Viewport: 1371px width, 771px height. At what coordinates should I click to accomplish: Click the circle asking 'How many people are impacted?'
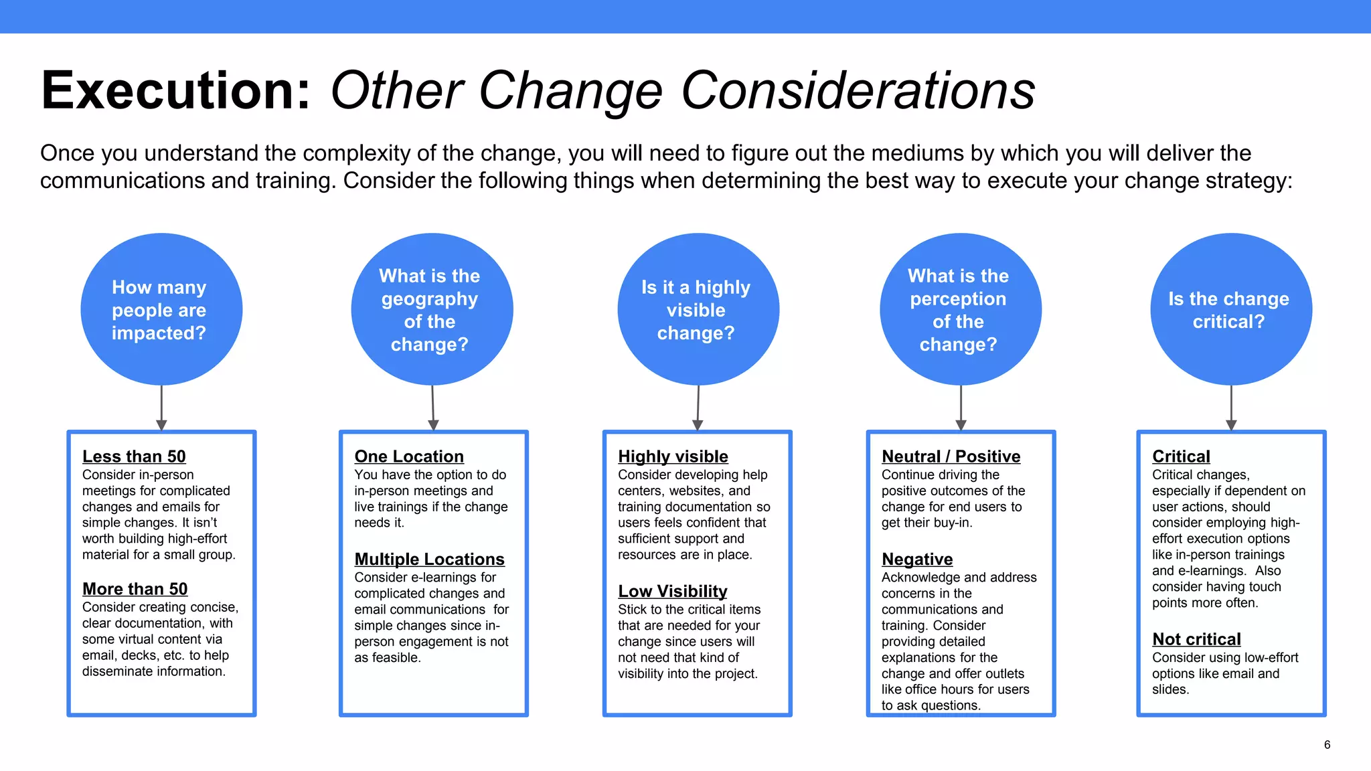161,309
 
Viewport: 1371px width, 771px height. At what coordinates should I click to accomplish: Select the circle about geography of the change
432,309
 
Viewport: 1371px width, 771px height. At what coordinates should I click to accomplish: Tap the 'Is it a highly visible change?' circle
698,309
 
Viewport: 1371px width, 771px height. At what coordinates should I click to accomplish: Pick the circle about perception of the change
961,309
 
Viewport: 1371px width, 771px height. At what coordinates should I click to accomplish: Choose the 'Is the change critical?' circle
1230,309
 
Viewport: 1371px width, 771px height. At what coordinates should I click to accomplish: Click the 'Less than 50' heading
134,456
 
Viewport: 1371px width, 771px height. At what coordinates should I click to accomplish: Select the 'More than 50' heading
135,589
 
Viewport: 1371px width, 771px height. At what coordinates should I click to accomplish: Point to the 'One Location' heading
409,456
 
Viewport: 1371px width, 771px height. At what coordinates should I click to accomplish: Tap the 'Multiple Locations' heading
429,560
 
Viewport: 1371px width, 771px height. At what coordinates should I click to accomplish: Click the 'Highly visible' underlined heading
673,456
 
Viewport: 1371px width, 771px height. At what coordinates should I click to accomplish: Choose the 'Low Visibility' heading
672,592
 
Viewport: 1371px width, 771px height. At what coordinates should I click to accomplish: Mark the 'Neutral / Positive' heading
951,456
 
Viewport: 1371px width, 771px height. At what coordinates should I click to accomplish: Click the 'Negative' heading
917,560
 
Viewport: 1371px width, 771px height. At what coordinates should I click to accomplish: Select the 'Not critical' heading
1196,640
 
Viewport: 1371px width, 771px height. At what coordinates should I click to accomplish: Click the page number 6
1327,745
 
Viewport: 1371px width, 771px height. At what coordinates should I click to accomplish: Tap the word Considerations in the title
858,90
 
